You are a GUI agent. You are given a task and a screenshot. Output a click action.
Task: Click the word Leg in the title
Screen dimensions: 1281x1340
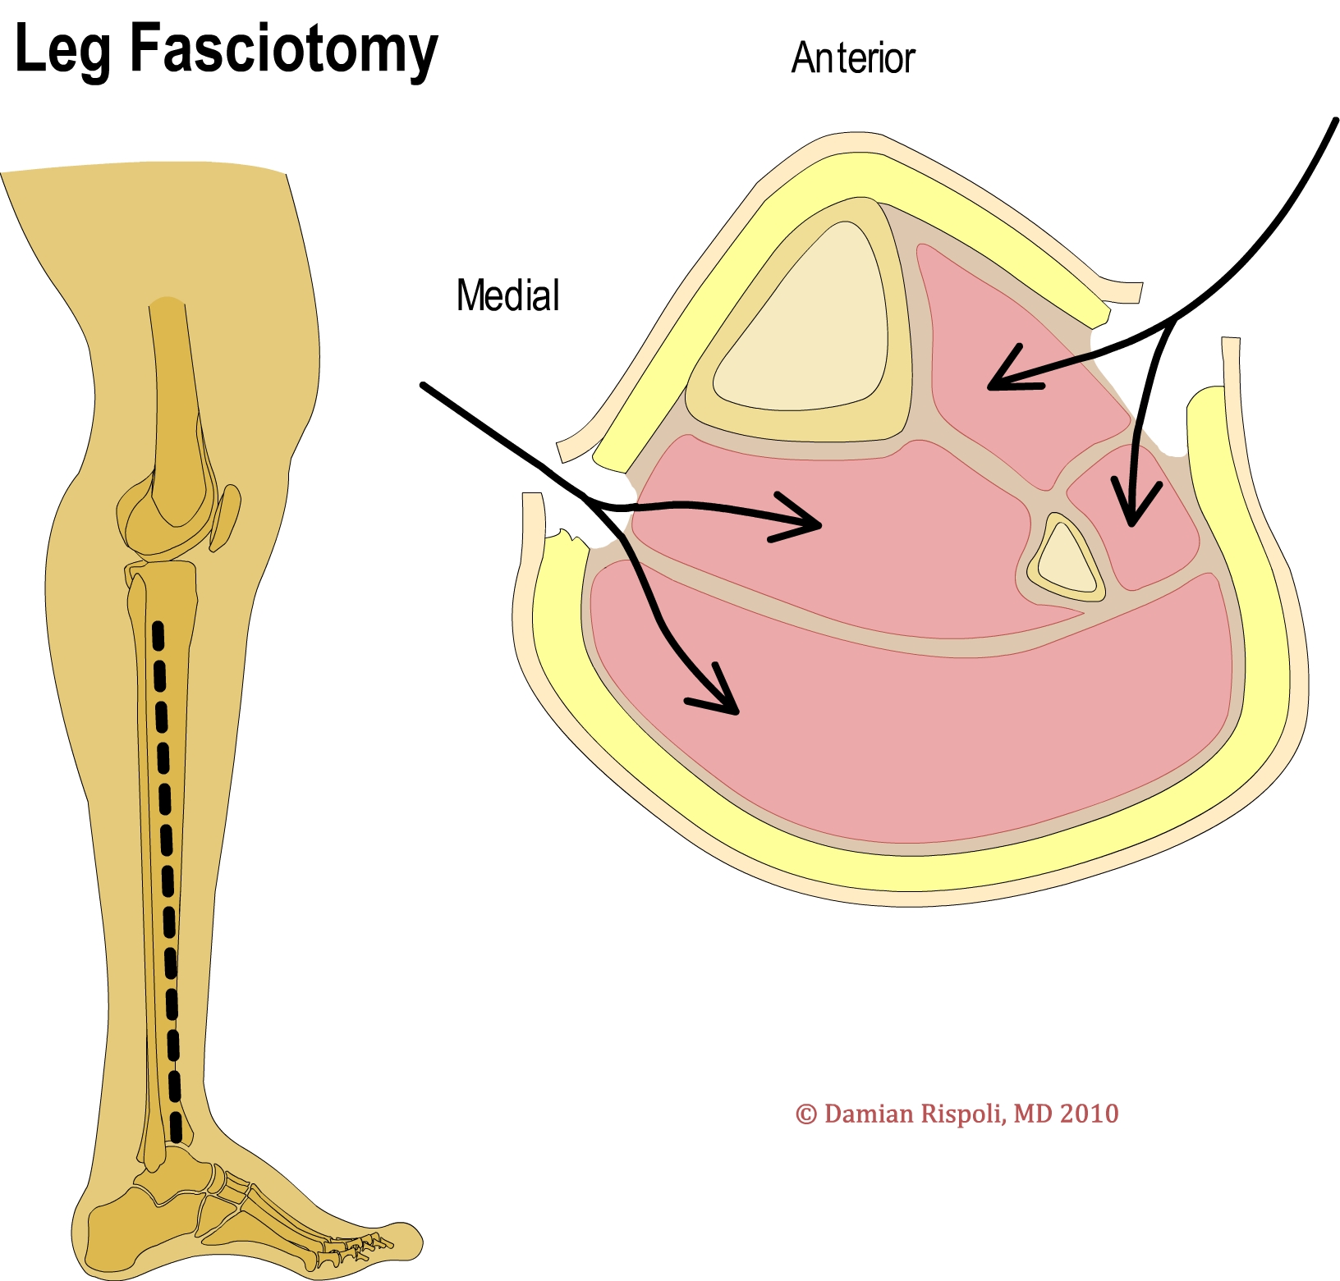tap(62, 51)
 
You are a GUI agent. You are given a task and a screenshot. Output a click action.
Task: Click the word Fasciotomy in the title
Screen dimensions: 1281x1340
tap(283, 51)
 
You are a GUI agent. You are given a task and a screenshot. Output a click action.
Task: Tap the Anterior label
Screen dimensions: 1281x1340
tap(852, 58)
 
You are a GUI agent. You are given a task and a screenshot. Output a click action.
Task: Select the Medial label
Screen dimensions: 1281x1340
tap(507, 295)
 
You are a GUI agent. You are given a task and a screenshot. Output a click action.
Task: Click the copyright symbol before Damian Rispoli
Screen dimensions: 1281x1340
tap(806, 1114)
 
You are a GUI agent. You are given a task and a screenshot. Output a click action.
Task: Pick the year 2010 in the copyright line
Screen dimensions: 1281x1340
tap(1089, 1114)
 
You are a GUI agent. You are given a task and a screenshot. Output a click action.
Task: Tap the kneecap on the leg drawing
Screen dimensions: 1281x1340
tap(227, 517)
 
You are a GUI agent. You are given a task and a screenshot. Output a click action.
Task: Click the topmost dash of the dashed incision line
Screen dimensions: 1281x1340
tap(158, 635)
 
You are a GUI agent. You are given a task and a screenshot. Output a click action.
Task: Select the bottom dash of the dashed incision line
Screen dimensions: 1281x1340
tap(175, 1128)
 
